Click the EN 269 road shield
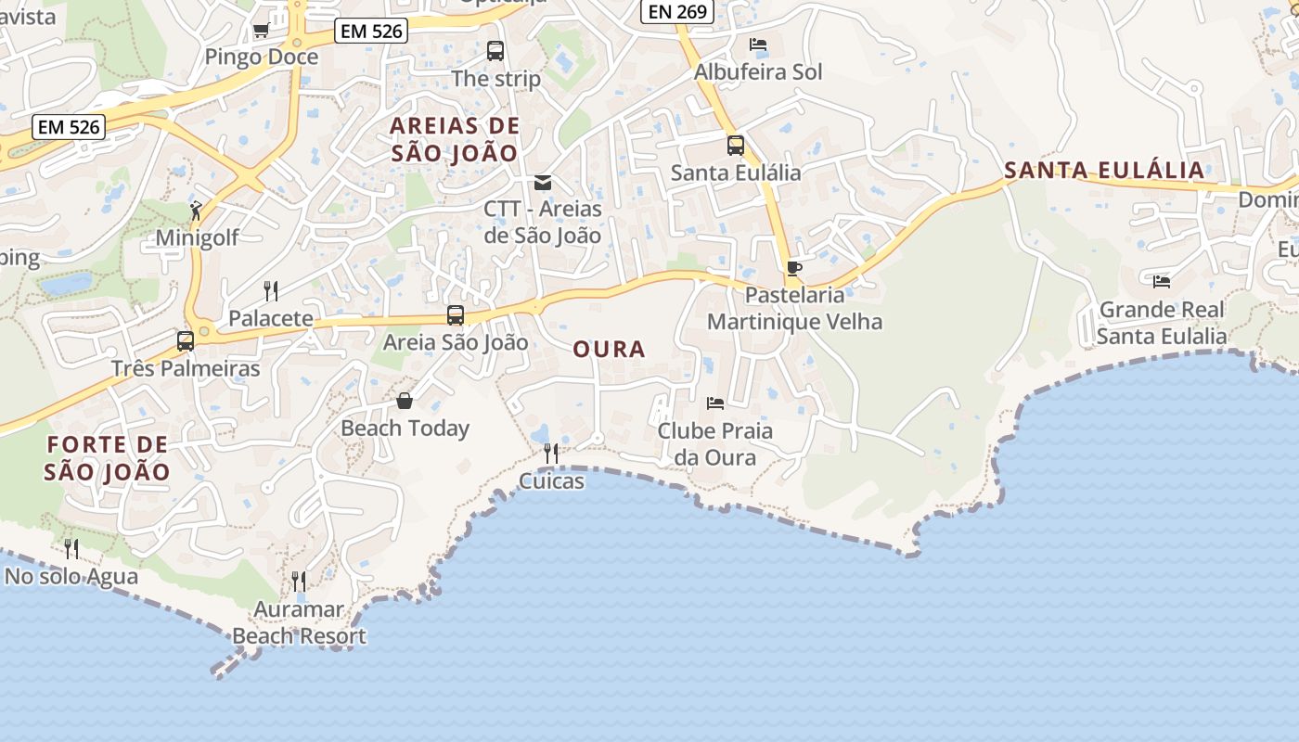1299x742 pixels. tap(678, 11)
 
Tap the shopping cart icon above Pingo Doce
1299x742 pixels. tap(261, 31)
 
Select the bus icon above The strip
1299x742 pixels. tap(495, 51)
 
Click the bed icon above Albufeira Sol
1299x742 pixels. tap(758, 45)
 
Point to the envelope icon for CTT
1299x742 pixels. tap(543, 183)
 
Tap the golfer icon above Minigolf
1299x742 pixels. tap(196, 211)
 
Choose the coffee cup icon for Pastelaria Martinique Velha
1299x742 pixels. tap(793, 269)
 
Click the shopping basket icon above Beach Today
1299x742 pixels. tap(405, 401)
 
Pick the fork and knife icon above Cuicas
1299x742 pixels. tap(551, 453)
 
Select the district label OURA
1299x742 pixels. tap(609, 350)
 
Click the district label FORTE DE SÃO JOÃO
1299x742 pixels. tap(108, 458)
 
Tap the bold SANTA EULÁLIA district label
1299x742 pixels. tap(1104, 171)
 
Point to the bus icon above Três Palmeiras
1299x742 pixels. tap(186, 340)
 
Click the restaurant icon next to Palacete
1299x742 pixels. tap(271, 291)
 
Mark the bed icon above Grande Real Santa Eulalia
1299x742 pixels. tap(1161, 281)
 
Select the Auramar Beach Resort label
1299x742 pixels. tap(299, 623)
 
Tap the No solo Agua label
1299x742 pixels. tap(71, 577)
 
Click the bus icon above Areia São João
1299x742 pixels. tap(455, 315)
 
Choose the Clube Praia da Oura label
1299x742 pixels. tap(714, 444)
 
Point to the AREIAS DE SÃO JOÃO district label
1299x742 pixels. tap(455, 139)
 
